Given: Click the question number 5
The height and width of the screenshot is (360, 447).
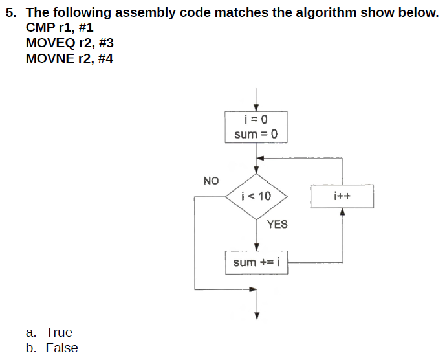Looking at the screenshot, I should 10,13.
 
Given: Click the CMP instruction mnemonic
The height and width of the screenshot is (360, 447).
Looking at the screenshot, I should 40,28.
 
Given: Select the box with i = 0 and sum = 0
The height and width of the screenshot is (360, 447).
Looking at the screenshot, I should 256,127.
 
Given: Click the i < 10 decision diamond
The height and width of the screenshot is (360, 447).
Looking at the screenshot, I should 256,196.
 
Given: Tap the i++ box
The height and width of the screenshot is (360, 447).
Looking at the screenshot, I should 342,196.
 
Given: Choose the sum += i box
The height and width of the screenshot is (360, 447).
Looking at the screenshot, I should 256,262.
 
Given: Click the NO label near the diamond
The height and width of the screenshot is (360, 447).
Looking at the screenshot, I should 212,180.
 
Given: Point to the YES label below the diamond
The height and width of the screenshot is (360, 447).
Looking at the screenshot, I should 277,224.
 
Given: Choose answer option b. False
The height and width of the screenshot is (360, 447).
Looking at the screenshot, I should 52,348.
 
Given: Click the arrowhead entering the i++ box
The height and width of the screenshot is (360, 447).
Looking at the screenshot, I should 342,211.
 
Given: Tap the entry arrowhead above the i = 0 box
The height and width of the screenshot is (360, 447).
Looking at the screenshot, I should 256,107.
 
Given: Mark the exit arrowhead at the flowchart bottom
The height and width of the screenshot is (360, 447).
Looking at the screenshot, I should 256,316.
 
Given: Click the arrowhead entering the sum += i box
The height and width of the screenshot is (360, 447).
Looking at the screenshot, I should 256,247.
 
